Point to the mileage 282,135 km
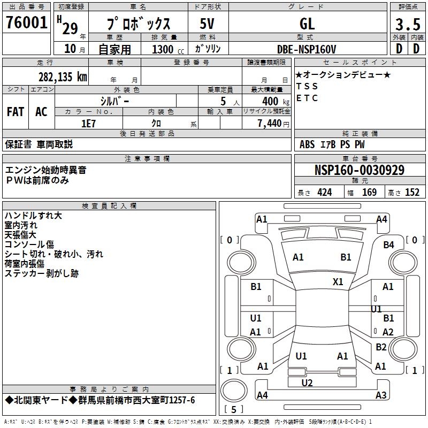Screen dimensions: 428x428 point(63,77)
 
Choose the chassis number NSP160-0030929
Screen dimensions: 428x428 point(359,170)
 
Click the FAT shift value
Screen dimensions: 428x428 point(16,112)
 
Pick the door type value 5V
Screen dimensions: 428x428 point(208,24)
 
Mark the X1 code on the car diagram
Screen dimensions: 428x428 point(338,282)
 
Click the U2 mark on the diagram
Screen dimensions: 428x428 point(307,383)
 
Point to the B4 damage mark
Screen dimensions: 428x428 point(388,244)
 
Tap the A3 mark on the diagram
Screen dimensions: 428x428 point(381,395)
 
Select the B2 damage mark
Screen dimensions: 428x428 point(381,347)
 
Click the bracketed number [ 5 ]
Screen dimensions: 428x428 point(233,410)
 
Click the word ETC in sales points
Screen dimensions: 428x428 point(307,98)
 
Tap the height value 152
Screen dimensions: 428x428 point(412,193)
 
